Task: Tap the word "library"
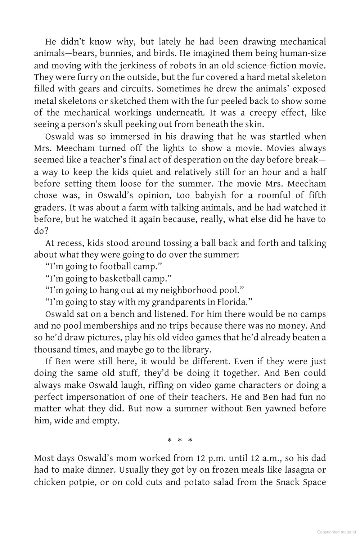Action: pyautogui.click(x=193, y=350)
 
